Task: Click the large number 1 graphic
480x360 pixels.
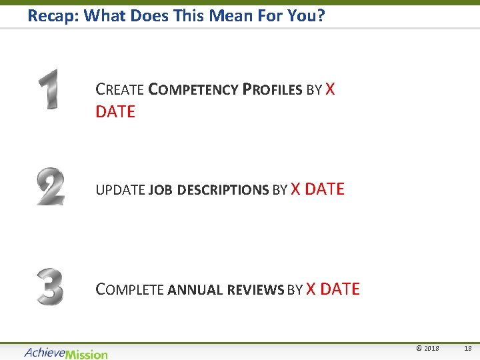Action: (x=48, y=89)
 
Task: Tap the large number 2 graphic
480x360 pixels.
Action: (x=51, y=187)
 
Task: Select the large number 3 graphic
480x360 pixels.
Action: (x=50, y=287)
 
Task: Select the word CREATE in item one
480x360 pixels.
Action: (x=120, y=89)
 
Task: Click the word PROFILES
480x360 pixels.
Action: (x=273, y=89)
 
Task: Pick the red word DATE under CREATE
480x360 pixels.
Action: (x=115, y=112)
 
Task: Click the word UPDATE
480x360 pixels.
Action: (x=120, y=190)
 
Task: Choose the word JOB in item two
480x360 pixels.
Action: (x=161, y=190)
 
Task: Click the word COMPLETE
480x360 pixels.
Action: (x=130, y=289)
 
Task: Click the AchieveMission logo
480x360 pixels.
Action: (x=65, y=353)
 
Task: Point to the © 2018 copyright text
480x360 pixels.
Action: (x=427, y=348)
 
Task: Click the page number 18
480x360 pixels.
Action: (x=467, y=348)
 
